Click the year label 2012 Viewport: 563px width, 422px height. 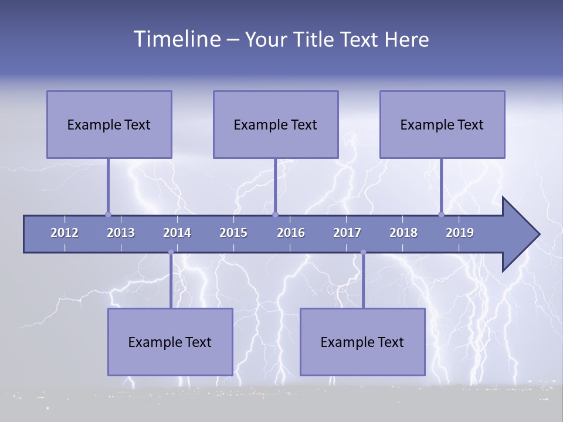click(65, 233)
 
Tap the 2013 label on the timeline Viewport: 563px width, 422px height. click(121, 233)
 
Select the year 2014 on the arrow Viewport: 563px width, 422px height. click(177, 233)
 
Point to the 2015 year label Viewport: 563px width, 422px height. click(233, 233)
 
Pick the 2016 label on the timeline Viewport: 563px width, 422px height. click(291, 233)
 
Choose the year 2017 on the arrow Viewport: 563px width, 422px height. click(347, 233)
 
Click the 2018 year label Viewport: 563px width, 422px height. click(403, 233)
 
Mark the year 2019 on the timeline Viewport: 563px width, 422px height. click(460, 233)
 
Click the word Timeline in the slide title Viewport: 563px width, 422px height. click(175, 39)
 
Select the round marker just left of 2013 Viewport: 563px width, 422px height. click(108, 215)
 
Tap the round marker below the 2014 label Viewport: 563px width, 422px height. click(171, 252)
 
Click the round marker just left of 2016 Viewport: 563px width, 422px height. click(275, 215)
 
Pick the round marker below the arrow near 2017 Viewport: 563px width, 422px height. click(363, 252)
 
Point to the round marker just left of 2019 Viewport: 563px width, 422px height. click(441, 215)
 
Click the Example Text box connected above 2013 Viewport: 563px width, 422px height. click(109, 124)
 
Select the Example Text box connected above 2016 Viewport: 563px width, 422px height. click(276, 124)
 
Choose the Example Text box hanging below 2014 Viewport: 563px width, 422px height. click(170, 342)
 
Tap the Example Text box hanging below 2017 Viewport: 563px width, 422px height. click(362, 342)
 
